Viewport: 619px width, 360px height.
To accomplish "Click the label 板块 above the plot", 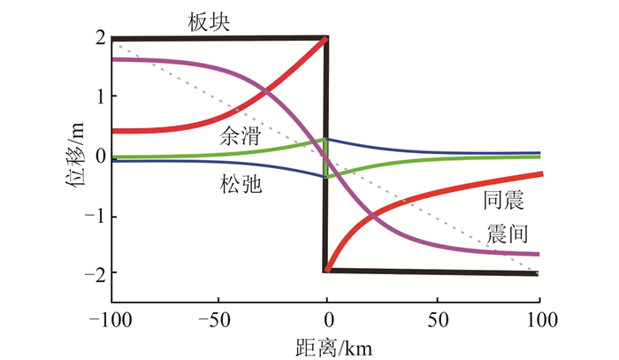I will click(x=210, y=22).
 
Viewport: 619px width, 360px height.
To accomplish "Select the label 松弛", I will click(x=240, y=185).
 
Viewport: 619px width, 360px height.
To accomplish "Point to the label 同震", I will click(x=503, y=201).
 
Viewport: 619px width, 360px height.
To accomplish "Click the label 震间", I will click(x=508, y=234).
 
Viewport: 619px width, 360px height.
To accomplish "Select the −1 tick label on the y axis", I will click(x=95, y=215).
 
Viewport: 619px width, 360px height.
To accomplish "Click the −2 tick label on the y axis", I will click(x=95, y=274).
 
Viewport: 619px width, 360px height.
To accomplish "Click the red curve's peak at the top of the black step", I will click(x=326, y=39).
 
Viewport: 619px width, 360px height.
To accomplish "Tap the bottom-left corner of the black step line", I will click(x=326, y=271).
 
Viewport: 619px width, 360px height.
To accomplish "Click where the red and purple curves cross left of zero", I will click(x=265, y=91).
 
